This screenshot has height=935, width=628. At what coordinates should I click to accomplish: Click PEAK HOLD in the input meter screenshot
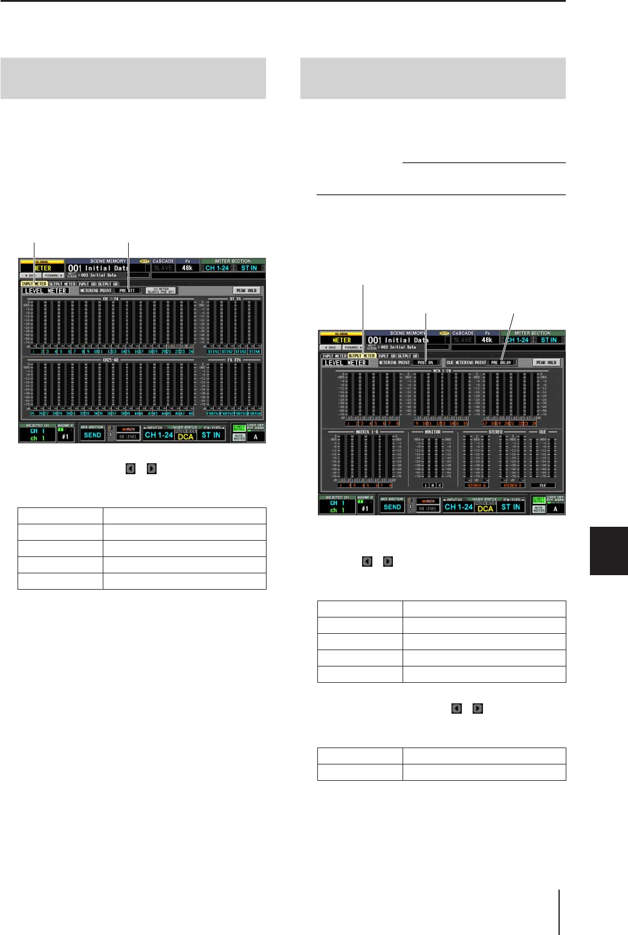[246, 291]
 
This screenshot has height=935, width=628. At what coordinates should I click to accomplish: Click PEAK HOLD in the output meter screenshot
[546, 363]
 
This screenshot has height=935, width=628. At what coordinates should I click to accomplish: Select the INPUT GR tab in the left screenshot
[86, 284]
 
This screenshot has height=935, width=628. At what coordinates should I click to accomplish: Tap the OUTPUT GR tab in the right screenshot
[408, 356]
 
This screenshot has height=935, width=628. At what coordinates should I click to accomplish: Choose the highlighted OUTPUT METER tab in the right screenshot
[361, 356]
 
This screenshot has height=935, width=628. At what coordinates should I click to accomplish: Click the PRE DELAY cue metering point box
[502, 363]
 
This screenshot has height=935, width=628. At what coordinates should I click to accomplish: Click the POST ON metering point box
[426, 363]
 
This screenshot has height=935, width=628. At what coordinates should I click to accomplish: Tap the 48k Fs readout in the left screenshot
[187, 268]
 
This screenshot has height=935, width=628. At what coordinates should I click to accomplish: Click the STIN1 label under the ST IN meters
[213, 351]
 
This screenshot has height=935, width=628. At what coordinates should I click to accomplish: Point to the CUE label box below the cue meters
[542, 485]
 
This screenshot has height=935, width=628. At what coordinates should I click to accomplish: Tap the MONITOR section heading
[432, 432]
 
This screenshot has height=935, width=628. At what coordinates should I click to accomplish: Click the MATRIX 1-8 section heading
[366, 432]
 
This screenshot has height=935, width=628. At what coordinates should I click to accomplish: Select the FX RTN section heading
[235, 360]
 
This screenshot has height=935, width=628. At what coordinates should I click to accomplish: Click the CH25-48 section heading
[111, 360]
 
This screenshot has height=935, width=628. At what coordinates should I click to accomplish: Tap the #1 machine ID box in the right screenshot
[365, 509]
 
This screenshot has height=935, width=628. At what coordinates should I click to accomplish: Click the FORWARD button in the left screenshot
[53, 275]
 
